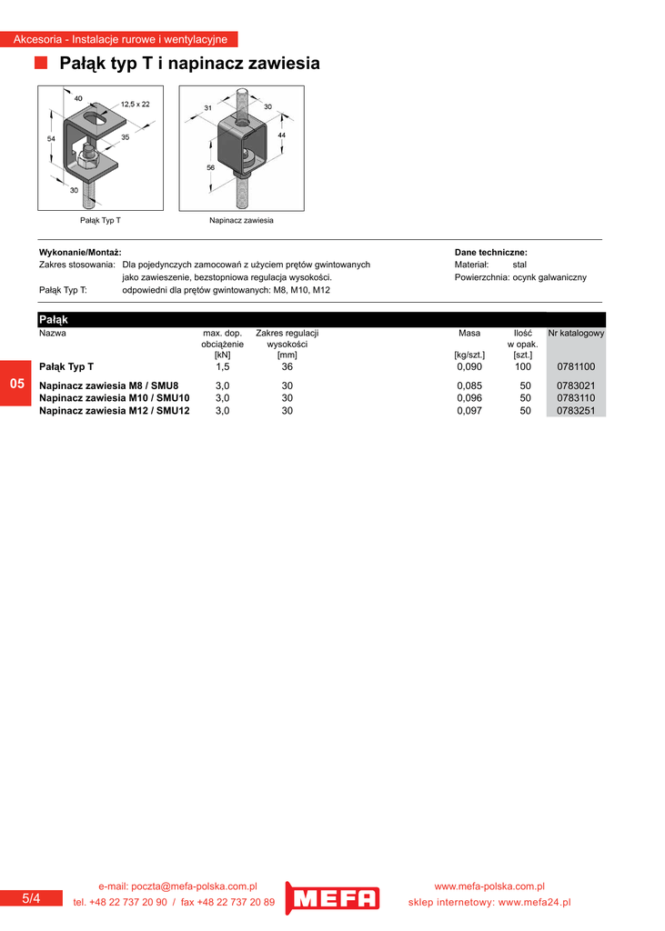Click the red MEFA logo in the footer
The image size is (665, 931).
pos(332,898)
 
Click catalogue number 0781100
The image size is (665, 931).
pos(575,366)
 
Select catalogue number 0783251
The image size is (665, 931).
pos(575,411)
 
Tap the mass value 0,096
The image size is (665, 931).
pos(469,398)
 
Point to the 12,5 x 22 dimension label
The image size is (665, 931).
pos(136,105)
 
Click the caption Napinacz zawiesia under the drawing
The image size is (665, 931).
pos(241,221)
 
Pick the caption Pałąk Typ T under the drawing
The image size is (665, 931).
pos(100,221)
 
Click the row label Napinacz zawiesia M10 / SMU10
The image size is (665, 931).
pos(115,398)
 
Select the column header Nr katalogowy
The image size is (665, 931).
pos(576,334)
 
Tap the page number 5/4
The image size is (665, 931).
pos(31,898)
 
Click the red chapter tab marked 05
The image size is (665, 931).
pos(16,384)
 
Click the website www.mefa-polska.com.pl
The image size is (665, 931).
pos(489,886)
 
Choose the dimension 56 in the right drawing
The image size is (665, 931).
pos(210,168)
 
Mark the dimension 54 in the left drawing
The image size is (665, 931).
pos(52,138)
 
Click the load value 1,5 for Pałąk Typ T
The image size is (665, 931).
pos(223,366)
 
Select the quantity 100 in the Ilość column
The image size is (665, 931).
pos(522,366)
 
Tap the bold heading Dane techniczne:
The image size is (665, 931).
pos(490,253)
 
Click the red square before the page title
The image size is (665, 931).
pos(41,63)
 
